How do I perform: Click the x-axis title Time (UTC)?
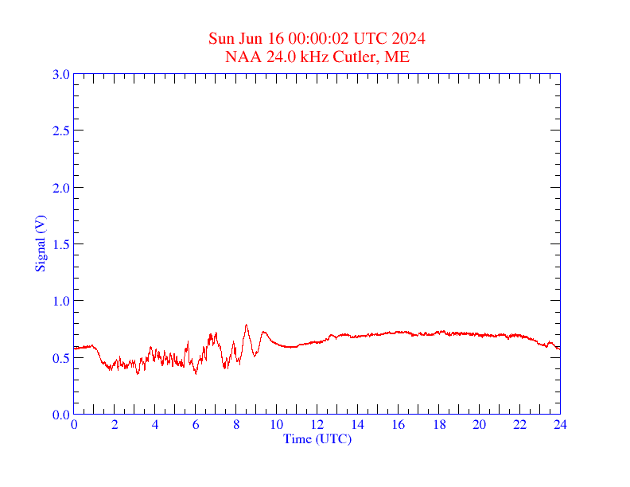click(317, 438)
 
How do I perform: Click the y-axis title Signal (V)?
click(40, 243)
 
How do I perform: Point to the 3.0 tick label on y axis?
click(60, 74)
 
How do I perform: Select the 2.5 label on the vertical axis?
click(60, 131)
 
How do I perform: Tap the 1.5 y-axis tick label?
click(60, 244)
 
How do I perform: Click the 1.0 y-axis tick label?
click(60, 301)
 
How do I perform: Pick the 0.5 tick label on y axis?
click(60, 358)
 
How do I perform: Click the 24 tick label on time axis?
click(560, 425)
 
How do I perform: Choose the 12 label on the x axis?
click(317, 425)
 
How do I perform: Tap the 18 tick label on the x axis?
click(438, 425)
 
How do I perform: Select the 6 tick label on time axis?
click(196, 425)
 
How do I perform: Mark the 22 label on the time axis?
click(519, 425)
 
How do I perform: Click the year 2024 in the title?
click(409, 38)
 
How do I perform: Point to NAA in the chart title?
click(241, 56)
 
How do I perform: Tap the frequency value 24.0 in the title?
click(278, 56)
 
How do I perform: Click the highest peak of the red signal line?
click(247, 325)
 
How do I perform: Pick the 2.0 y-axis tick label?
click(60, 188)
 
